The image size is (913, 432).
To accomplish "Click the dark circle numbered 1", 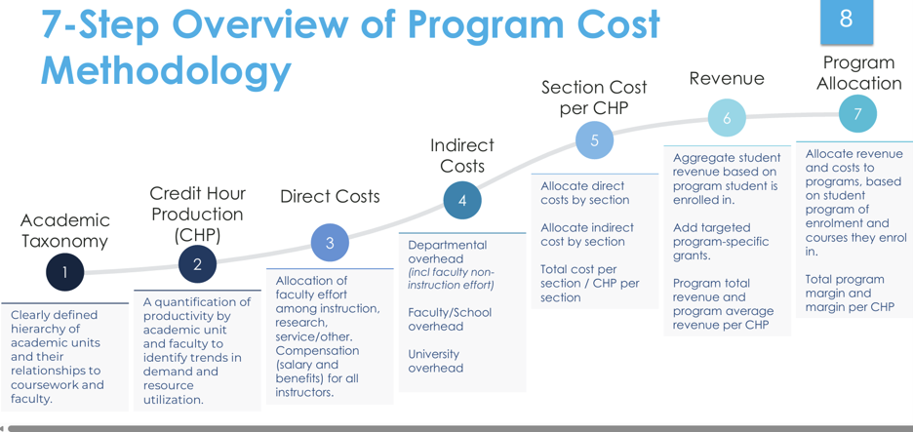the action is (65, 272).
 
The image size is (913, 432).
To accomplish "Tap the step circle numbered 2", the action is (197, 265).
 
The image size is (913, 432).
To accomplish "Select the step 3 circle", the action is (330, 243).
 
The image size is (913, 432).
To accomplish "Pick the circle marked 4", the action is (462, 200).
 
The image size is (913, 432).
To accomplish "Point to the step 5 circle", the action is (594, 140).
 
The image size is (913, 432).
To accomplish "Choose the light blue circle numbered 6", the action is (727, 118).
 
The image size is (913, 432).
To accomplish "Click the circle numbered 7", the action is (857, 113).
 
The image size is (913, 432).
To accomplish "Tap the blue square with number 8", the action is (847, 20).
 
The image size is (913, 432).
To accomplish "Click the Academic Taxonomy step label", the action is (64, 230).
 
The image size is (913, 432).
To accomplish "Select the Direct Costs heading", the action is (330, 196).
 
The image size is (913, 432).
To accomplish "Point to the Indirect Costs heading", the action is (462, 155).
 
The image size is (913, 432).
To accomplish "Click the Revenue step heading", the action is (727, 78).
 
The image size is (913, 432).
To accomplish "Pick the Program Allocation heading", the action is (858, 73).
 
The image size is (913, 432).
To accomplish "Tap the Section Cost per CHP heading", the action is (594, 98).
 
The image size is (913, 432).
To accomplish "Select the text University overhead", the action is (436, 361).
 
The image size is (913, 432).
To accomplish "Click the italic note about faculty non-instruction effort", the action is (452, 278).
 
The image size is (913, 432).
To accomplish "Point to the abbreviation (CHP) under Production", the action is (197, 235).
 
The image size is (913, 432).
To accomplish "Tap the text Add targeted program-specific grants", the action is (721, 241).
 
